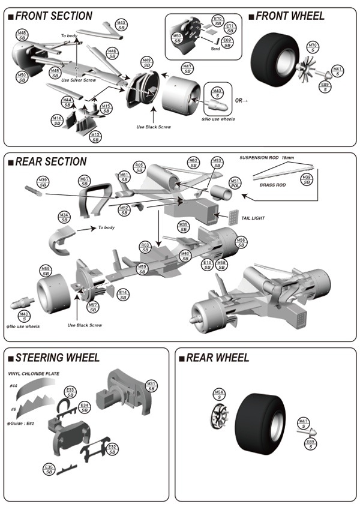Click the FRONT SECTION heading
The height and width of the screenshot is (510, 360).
coord(53,16)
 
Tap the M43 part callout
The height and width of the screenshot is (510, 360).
coord(121,25)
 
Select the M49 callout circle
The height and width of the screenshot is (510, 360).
coord(146,63)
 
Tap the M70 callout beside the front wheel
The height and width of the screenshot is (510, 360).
coord(313,47)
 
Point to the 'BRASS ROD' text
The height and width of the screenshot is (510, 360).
coord(272,186)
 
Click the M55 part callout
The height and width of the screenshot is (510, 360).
coord(46,271)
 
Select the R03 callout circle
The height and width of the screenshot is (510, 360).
coord(145,247)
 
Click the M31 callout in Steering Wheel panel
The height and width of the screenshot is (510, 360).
coord(151,386)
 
